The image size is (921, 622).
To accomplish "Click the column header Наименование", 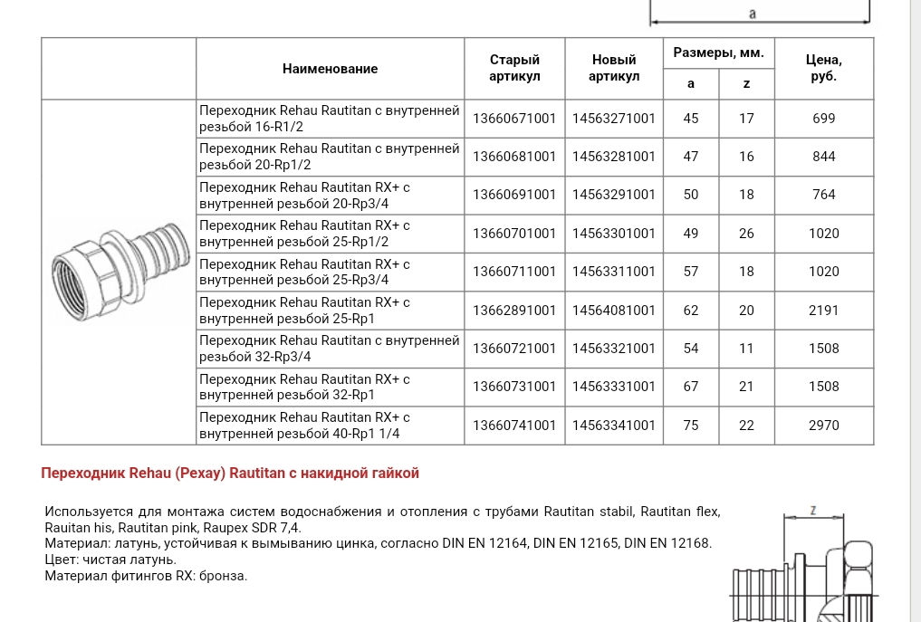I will (x=330, y=69).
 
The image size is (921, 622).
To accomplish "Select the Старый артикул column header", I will (x=514, y=68).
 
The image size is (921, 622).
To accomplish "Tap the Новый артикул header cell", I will (x=613, y=68).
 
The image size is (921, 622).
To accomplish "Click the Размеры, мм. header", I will (x=718, y=53).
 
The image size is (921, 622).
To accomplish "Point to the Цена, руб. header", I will (x=823, y=68).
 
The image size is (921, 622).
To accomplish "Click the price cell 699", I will (x=823, y=119).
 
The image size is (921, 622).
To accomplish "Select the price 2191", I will (x=823, y=311).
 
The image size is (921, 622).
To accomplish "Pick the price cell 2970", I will (x=823, y=426).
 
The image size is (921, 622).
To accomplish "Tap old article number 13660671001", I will (x=514, y=119).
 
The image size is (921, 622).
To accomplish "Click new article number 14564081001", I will (x=613, y=311).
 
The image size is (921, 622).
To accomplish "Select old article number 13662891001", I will (x=514, y=311).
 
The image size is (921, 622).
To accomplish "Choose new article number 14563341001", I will (x=613, y=426).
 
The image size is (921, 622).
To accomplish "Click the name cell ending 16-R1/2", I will (x=330, y=119).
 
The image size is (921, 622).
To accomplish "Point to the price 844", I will (x=823, y=157).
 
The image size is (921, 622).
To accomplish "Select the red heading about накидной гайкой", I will (x=230, y=474).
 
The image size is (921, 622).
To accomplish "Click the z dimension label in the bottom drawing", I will (x=812, y=511).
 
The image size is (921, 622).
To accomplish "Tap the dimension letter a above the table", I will (x=753, y=14).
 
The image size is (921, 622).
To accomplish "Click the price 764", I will (x=823, y=195).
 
